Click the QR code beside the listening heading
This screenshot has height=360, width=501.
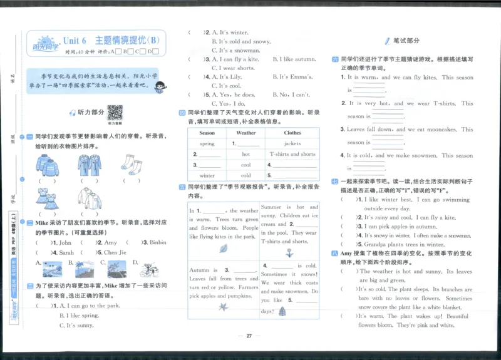point(115,112)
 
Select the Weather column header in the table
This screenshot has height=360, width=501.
point(245,133)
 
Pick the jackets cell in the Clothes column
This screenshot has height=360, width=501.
point(292,143)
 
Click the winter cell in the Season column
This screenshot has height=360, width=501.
point(207,175)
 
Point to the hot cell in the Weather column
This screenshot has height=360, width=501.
point(245,154)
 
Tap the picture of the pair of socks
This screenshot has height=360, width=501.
point(132,166)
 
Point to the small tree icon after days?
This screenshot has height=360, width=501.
point(282,311)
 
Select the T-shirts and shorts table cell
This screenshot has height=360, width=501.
point(292,154)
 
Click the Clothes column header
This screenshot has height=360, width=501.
point(292,133)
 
